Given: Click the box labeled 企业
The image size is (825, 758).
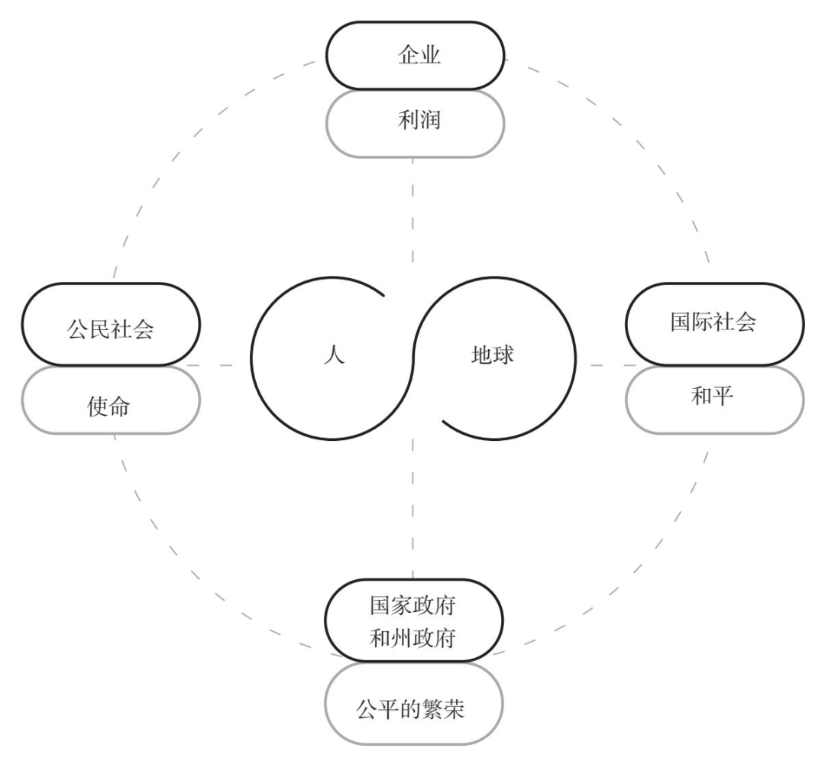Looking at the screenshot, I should [x=416, y=56].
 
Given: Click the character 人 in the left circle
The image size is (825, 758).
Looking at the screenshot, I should [x=334, y=356].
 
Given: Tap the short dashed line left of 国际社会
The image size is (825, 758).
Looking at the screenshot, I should [x=607, y=365].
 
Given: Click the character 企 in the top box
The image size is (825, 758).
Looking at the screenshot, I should [x=404, y=56].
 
